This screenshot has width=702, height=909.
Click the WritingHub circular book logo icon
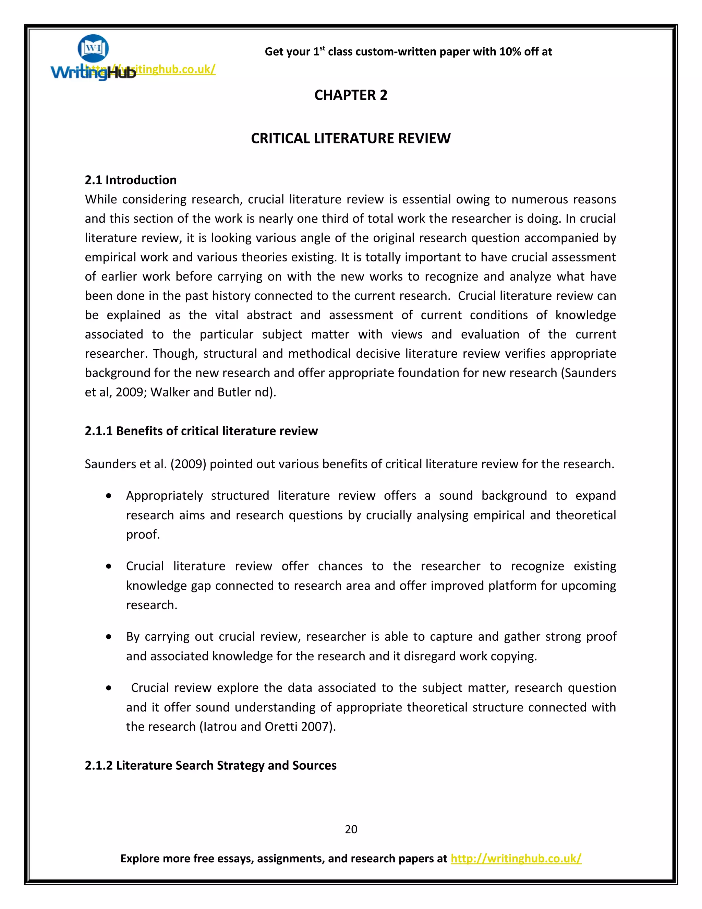[93, 48]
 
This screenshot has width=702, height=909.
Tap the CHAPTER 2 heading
[351, 95]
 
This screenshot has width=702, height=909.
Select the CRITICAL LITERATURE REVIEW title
[351, 139]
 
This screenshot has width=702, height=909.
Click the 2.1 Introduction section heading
[131, 180]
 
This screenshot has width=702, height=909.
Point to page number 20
[351, 829]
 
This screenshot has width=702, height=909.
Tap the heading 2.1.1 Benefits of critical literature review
[201, 431]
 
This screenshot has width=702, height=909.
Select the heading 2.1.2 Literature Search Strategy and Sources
[210, 765]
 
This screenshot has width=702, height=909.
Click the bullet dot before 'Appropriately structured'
[109, 496]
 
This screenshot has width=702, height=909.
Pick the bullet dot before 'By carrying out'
[109, 637]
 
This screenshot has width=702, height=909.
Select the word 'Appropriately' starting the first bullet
[164, 496]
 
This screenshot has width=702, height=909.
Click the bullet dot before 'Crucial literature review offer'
[109, 566]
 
